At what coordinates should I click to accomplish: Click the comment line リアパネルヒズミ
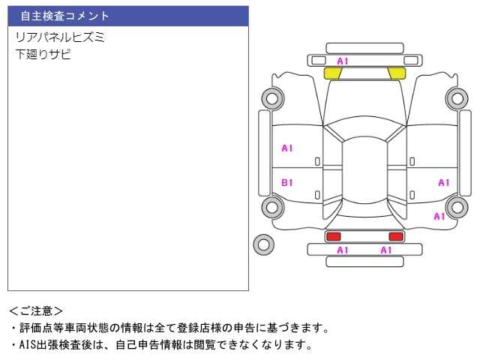[x=60, y=37]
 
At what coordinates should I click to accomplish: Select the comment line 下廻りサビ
[x=43, y=54]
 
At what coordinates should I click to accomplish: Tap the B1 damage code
[x=287, y=183]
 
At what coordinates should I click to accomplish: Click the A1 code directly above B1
[x=287, y=148]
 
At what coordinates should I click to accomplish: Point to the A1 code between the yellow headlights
[x=343, y=61]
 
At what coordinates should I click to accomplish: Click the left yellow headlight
[x=332, y=73]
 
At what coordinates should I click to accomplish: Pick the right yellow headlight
[x=397, y=73]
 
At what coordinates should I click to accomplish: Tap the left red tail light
[x=333, y=236]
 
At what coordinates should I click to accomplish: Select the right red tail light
[x=396, y=236]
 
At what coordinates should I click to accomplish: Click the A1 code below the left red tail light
[x=343, y=250]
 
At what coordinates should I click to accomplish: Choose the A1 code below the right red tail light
[x=386, y=250]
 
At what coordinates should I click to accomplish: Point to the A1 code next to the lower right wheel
[x=439, y=217]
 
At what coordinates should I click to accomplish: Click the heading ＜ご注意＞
[x=36, y=311]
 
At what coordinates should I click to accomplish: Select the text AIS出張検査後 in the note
[x=55, y=345]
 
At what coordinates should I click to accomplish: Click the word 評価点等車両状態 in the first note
[x=64, y=328]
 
